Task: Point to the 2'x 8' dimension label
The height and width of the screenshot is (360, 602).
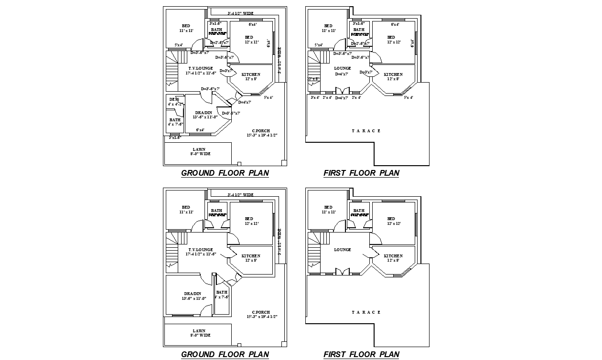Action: point(312,79)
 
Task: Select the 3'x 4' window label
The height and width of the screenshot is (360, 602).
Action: point(315,97)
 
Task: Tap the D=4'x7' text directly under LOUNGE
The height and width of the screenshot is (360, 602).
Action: point(342,74)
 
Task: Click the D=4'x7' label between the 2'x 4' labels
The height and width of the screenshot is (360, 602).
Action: point(342,98)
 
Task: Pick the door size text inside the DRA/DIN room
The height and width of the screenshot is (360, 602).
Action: point(231,113)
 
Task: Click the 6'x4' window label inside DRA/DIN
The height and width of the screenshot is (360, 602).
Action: point(200,130)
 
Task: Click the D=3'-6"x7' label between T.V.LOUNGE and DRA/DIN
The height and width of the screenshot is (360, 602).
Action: point(210,89)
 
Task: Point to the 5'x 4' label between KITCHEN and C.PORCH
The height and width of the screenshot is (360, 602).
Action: point(268,98)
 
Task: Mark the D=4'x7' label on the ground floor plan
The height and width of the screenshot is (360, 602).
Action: point(244,102)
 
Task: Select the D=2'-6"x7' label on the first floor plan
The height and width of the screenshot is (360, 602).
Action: point(360,43)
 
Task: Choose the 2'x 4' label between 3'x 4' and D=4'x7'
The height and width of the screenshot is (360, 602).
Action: point(327,97)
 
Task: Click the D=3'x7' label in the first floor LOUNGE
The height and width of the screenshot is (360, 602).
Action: point(366,72)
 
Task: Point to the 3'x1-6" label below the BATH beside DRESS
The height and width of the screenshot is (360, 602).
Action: point(175,138)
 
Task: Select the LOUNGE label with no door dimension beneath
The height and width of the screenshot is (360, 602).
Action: point(343,250)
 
